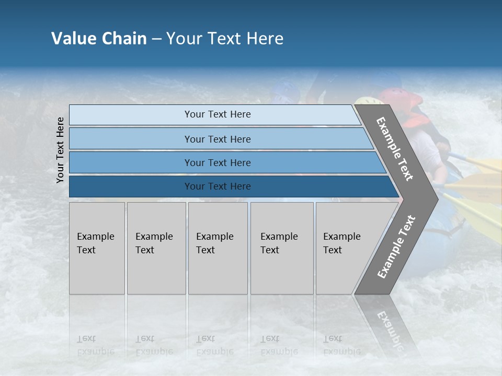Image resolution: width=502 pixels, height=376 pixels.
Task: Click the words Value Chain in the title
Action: coord(99,39)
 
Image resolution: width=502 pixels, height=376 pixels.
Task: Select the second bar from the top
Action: coord(218,139)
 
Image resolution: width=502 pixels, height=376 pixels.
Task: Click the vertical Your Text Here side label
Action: coord(60,150)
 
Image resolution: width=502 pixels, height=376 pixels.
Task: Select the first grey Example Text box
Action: coord(97,248)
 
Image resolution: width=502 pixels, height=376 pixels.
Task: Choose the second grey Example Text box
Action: coord(156,248)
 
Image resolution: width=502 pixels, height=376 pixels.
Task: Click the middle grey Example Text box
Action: coord(218,248)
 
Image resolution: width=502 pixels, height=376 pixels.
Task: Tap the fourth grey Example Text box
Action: coord(281,248)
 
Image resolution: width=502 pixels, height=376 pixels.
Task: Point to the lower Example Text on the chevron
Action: coord(396,246)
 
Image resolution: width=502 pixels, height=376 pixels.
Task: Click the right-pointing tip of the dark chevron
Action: coord(435,199)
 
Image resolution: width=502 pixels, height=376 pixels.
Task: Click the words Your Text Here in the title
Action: coord(225,39)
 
